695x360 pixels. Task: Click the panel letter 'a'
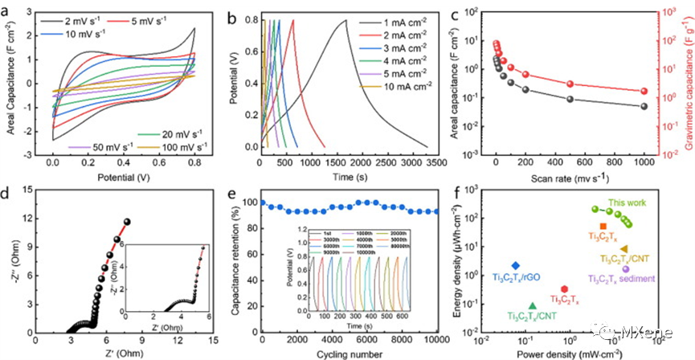coord(10,12)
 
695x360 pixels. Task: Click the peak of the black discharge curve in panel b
coord(346,21)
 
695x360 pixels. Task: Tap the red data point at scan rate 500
coord(569,84)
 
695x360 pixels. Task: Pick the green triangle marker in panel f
coord(533,306)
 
